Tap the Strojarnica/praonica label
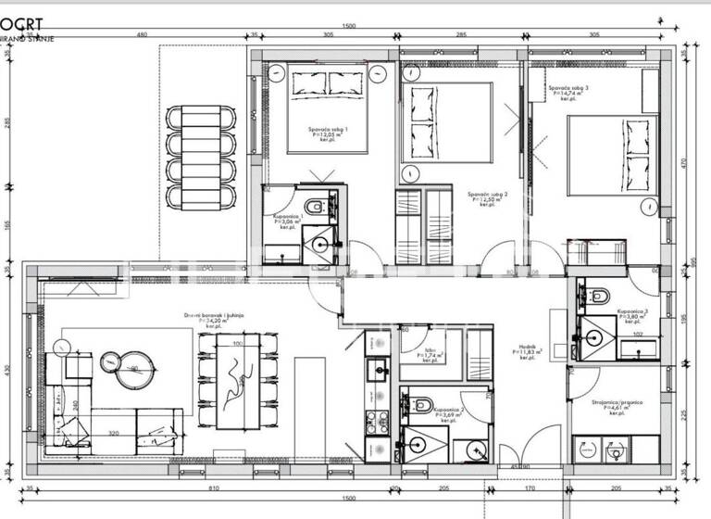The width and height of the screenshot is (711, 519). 615,401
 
